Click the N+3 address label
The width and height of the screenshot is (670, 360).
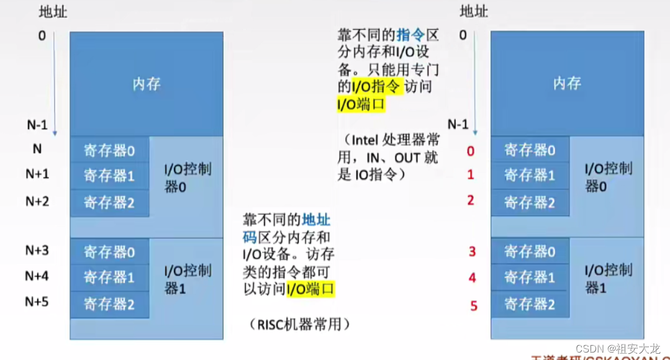[37, 251]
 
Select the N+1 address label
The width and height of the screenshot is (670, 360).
[37, 174]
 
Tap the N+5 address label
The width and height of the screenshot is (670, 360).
[37, 302]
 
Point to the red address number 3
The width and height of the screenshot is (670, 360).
[472, 251]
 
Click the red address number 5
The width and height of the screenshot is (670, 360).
[473, 305]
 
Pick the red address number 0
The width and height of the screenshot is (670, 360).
[471, 151]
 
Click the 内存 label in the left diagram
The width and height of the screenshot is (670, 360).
[147, 84]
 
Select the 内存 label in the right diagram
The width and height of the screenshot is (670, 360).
[567, 84]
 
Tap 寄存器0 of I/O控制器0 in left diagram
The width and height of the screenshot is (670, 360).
[109, 150]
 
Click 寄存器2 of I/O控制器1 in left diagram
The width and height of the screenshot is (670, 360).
[109, 304]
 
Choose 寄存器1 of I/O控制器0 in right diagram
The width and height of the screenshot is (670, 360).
[530, 176]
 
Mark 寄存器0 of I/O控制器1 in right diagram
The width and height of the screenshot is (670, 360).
[530, 251]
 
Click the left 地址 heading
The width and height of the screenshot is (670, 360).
[53, 12]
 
